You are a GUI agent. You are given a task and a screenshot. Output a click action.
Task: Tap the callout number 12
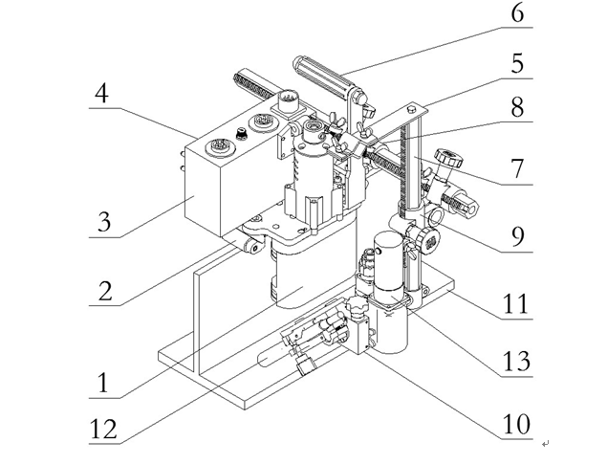pos(102,427)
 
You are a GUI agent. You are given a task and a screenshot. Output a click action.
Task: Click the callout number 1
pos(102,384)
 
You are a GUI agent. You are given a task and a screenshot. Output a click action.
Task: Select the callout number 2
pos(102,289)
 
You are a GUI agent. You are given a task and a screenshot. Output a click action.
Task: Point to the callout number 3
pos(102,224)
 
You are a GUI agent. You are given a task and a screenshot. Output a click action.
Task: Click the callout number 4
pos(102,97)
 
